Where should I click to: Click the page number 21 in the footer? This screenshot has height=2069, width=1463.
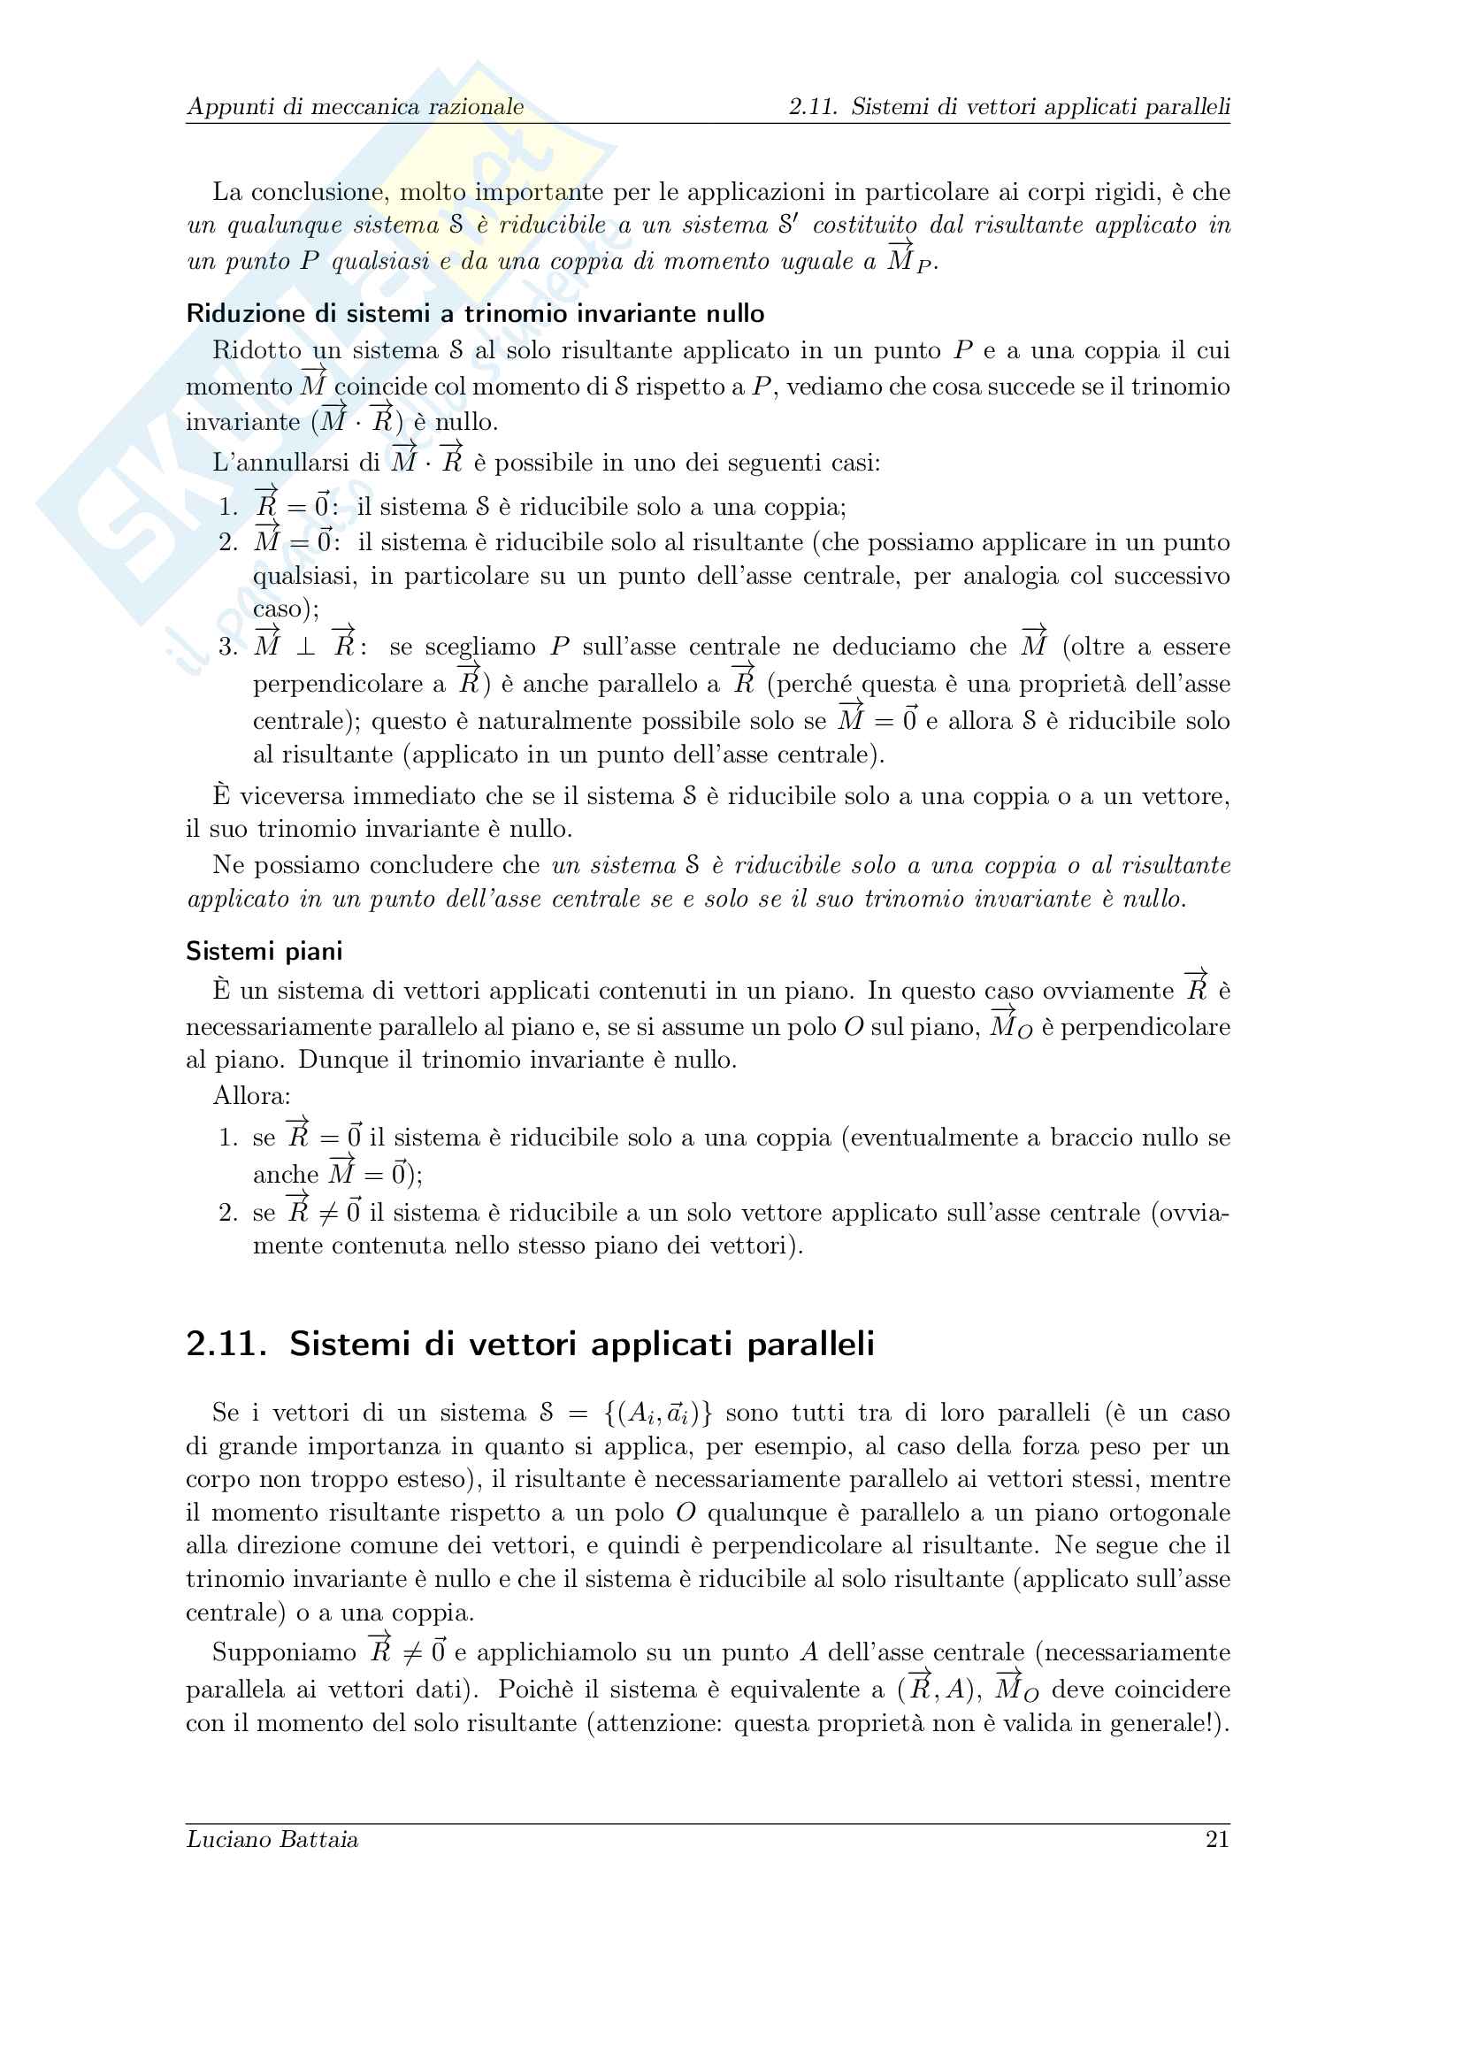1217,1839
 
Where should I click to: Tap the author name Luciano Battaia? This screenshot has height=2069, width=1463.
272,1839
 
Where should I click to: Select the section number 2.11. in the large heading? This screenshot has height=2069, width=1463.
226,1344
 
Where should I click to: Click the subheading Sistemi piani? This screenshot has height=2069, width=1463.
264,951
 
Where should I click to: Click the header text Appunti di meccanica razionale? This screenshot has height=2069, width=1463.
355,106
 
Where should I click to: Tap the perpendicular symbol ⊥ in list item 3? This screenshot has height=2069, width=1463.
306,647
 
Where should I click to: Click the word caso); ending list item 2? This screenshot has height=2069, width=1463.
286,609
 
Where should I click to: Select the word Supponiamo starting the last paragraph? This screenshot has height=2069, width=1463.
284,1652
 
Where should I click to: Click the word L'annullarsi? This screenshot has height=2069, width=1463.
295,464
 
